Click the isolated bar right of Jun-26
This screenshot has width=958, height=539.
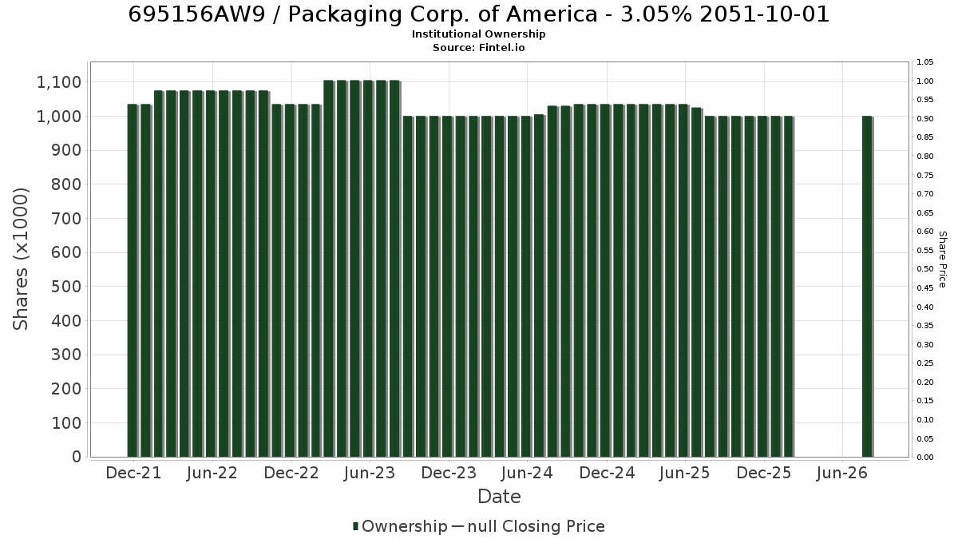(867, 287)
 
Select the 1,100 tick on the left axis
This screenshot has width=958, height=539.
(59, 82)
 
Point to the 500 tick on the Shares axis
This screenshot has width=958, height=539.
(66, 287)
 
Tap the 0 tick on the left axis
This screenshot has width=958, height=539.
(77, 457)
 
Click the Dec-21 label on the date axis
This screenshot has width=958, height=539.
(133, 473)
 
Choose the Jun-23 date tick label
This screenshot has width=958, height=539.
(370, 473)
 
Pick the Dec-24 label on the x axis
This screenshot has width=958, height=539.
(607, 473)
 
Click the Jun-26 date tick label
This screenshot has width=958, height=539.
(842, 473)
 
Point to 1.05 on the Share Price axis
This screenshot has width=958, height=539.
(925, 62)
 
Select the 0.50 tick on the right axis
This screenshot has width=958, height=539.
(925, 269)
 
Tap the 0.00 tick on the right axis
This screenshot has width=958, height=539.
(925, 458)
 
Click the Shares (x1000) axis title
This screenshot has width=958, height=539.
(20, 259)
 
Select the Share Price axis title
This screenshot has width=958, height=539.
(942, 260)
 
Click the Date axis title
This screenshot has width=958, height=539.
(499, 497)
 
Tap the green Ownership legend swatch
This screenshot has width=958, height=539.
(355, 526)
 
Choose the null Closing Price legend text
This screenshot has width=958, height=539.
(536, 526)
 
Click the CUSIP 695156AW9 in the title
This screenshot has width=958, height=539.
(196, 14)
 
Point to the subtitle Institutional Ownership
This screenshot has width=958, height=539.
(478, 34)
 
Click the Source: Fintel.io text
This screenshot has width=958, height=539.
(478, 47)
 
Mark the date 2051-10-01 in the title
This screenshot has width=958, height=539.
(765, 14)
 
